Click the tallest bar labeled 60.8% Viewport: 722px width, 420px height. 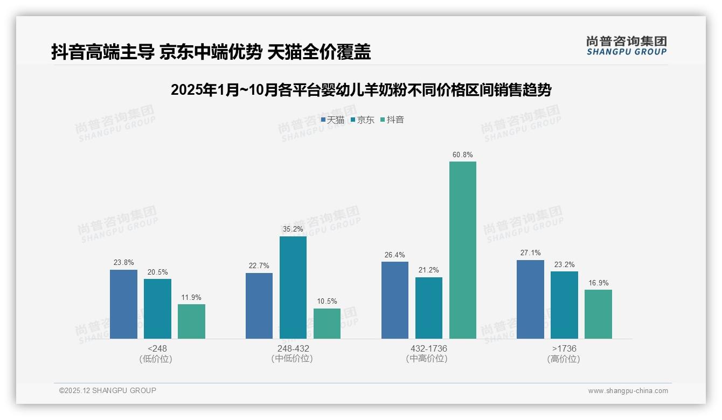[463, 250]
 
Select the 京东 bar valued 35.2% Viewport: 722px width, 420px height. [293, 288]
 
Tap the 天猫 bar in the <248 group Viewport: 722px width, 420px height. [123, 304]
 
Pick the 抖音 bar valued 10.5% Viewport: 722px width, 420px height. [327, 324]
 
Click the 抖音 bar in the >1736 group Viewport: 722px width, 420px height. [598, 314]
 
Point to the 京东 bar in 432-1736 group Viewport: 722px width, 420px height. [429, 308]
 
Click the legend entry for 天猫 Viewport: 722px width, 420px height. [332, 120]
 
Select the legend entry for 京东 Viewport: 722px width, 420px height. [362, 120]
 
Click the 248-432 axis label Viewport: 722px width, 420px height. [293, 348]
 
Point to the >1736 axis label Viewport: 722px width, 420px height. [564, 348]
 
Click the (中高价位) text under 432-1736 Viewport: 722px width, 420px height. [427, 359]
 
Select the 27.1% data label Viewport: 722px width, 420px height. [530, 253]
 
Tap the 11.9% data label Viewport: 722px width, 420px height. [191, 297]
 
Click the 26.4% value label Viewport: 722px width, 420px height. [395, 255]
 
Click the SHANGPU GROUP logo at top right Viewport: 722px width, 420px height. [626, 46]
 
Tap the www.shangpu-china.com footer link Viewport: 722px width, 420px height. [628, 391]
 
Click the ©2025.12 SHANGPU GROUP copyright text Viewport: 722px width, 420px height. [108, 390]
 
